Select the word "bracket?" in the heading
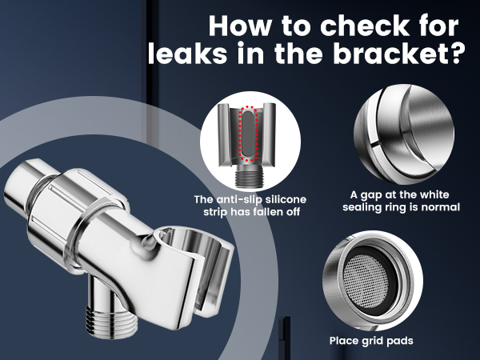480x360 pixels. [x=398, y=54]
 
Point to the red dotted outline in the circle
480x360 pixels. [x=248, y=134]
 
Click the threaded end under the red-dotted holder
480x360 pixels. [x=250, y=178]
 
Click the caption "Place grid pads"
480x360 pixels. [x=371, y=341]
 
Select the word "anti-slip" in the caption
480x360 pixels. [x=238, y=199]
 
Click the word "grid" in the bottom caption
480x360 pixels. [x=372, y=341]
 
